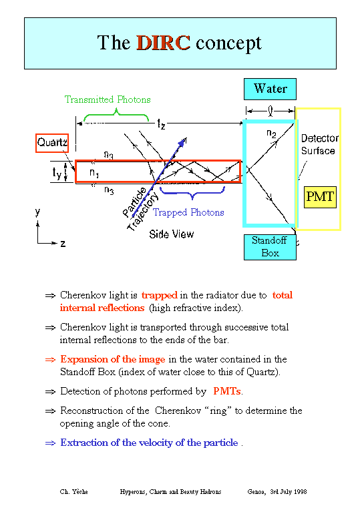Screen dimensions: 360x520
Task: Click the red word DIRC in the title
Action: (x=163, y=43)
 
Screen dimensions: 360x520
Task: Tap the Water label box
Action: (x=270, y=89)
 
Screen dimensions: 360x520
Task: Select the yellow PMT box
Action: (x=320, y=197)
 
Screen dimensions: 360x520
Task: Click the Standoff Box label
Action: (x=270, y=247)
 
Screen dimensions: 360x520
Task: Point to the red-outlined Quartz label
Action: (x=52, y=143)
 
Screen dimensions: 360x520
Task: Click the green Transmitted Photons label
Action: (x=108, y=99)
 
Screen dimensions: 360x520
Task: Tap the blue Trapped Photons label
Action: (x=188, y=212)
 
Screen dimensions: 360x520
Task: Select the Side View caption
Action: (x=172, y=234)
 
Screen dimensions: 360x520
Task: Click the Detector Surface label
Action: (x=319, y=144)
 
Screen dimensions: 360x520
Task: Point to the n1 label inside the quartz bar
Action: (x=94, y=173)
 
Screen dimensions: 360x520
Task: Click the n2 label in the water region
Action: (x=271, y=134)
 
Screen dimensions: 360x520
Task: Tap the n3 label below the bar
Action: (x=109, y=190)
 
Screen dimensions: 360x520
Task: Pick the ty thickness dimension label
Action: (x=57, y=172)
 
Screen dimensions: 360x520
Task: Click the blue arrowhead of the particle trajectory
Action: (x=182, y=142)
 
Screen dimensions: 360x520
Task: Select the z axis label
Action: (x=63, y=244)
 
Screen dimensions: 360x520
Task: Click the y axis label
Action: (x=37, y=212)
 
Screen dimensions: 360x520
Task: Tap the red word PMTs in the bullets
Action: (x=227, y=391)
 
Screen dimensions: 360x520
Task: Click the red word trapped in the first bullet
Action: (x=159, y=295)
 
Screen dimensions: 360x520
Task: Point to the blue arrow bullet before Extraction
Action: (x=50, y=443)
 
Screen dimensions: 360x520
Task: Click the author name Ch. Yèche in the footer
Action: (x=73, y=491)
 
